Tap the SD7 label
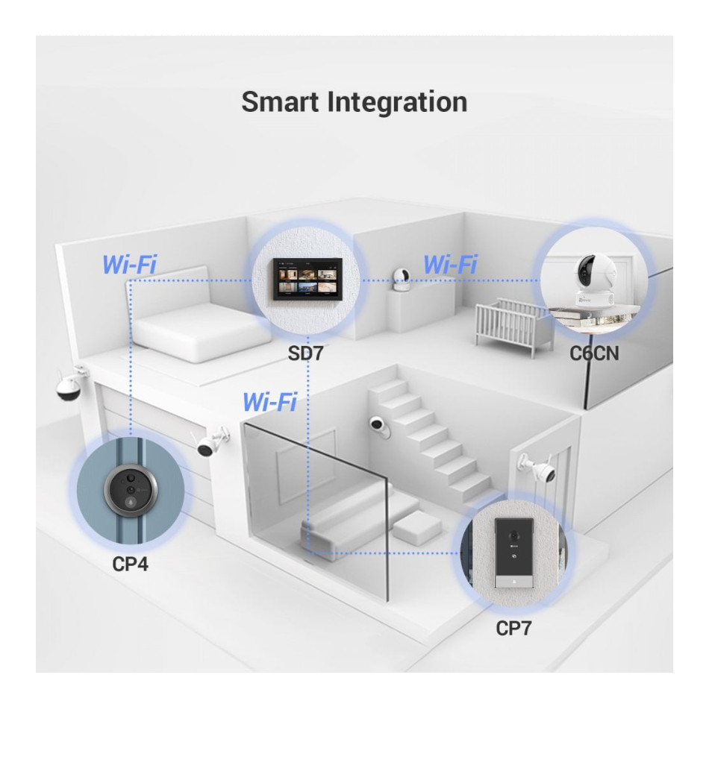[x=306, y=353]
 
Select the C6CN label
[x=594, y=353]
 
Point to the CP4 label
[x=130, y=564]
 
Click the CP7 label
[x=514, y=629]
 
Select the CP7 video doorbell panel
[x=514, y=552]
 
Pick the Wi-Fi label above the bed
[x=130, y=265]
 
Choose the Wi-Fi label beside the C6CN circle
[x=449, y=265]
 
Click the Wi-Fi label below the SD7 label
[x=269, y=403]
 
